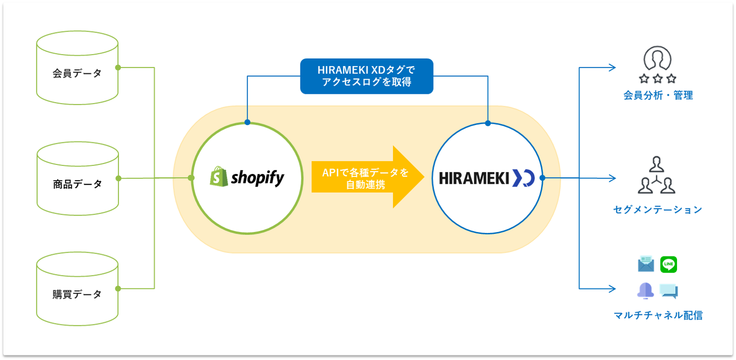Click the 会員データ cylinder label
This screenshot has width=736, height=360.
(x=77, y=73)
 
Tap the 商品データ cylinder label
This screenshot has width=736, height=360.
(x=78, y=184)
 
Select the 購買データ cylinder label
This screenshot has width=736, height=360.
(x=77, y=294)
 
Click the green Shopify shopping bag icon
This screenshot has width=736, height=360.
(x=219, y=176)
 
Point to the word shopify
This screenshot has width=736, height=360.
(x=258, y=178)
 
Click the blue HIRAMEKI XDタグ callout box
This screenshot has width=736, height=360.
(x=367, y=76)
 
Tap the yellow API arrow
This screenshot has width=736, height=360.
(x=368, y=177)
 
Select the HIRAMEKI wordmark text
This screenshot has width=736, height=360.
(x=474, y=178)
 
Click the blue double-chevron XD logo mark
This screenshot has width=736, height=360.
(x=524, y=178)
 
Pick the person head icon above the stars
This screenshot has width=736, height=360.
(x=657, y=58)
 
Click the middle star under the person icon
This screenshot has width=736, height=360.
(x=657, y=79)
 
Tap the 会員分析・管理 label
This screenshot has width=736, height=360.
(x=658, y=95)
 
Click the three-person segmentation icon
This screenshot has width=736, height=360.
(x=656, y=175)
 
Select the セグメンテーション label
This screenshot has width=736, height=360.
(x=657, y=209)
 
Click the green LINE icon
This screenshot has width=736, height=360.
(x=668, y=264)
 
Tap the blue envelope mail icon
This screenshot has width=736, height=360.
(x=646, y=264)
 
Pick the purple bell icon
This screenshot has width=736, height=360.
(x=645, y=291)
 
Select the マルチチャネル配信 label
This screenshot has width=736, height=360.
(x=658, y=315)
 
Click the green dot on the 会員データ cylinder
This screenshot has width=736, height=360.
(x=118, y=68)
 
